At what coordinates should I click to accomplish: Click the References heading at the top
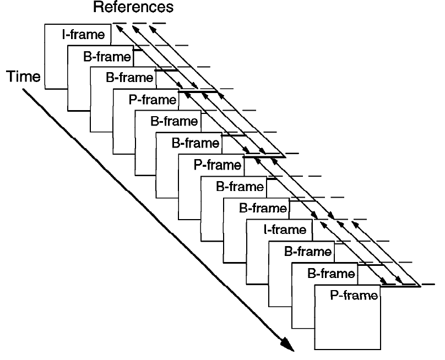[133, 7]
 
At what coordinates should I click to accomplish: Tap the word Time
[24, 77]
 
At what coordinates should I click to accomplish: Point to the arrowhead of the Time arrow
[294, 351]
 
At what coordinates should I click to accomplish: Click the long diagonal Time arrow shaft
[159, 220]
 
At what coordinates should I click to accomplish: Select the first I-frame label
[84, 35]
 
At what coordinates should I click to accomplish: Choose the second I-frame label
[285, 230]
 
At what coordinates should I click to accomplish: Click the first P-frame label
[153, 100]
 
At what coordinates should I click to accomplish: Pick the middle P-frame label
[218, 165]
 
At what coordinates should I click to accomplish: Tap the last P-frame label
[354, 296]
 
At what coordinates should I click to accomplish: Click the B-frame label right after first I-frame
[107, 57]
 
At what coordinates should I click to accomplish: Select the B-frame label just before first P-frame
[129, 78]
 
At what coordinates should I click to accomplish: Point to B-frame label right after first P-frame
[174, 121]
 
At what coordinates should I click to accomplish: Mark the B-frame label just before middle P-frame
[196, 143]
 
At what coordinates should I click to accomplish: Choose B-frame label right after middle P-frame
[240, 187]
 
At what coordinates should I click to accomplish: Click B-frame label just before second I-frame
[263, 208]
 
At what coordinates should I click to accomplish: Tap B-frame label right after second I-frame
[308, 252]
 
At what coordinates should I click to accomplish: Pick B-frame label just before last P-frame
[331, 274]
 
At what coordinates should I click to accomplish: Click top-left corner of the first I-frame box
[45, 24]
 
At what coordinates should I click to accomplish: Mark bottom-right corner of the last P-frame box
[381, 349]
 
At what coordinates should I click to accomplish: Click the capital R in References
[97, 7]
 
